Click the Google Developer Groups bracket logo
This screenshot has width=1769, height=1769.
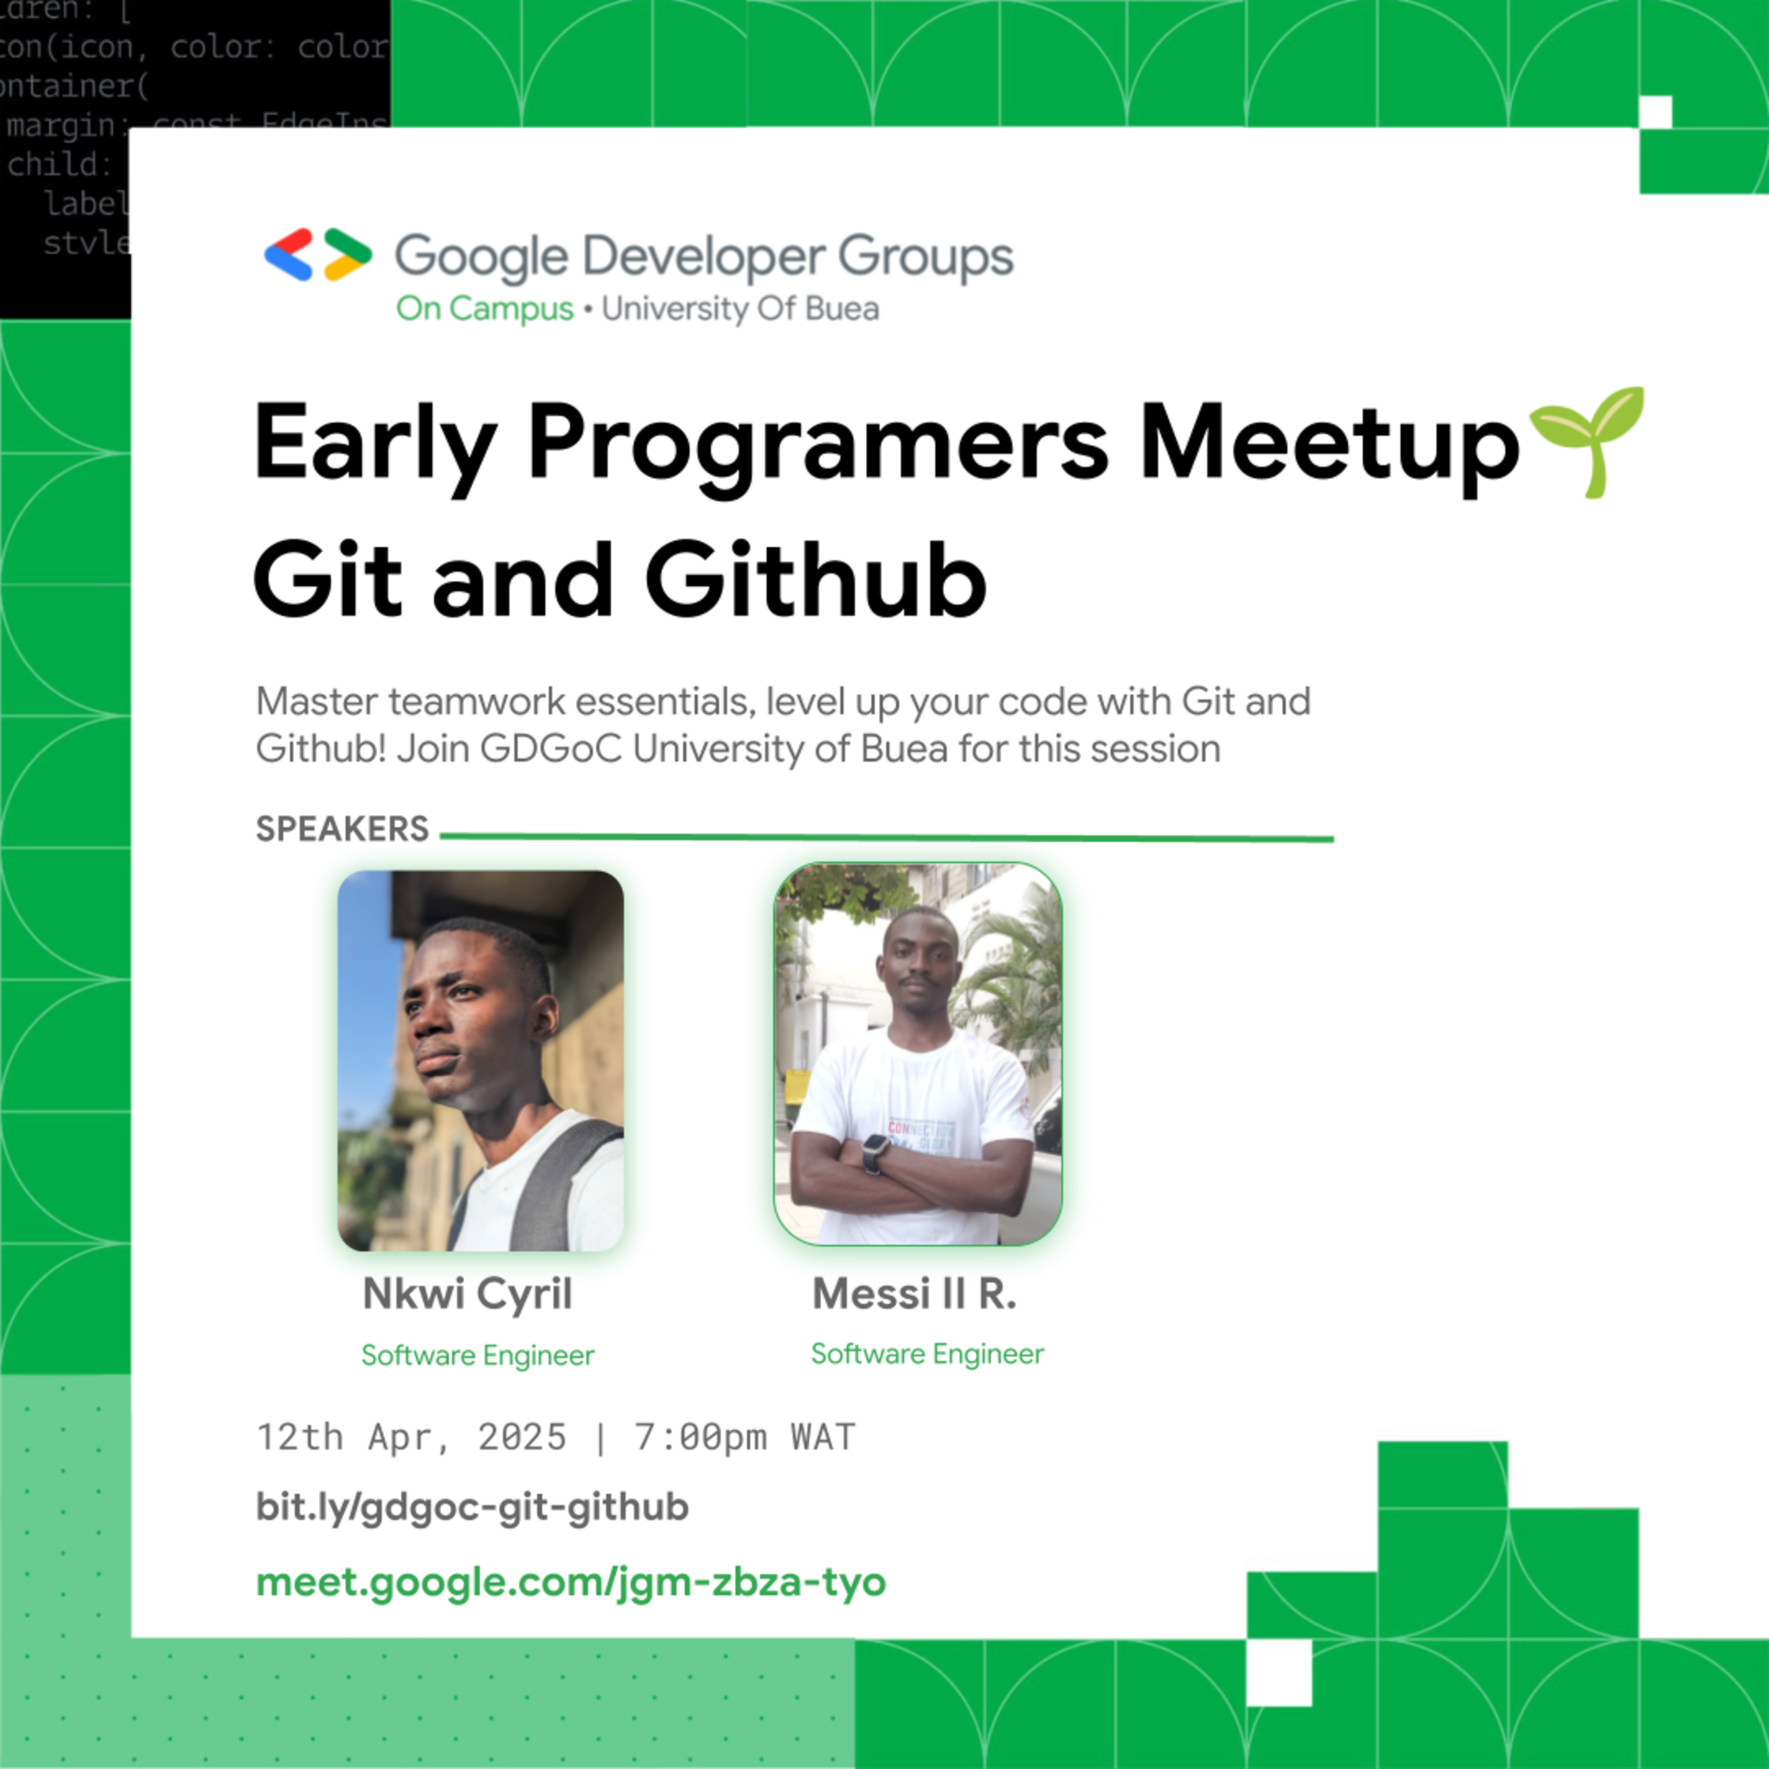click(318, 255)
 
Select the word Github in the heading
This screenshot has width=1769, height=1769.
click(816, 581)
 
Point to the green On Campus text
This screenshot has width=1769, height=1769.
click(484, 310)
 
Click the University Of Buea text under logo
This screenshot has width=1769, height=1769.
click(740, 310)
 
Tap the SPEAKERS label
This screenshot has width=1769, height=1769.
click(342, 829)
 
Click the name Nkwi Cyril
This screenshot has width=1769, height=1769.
click(467, 1294)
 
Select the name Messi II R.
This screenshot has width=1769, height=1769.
click(914, 1294)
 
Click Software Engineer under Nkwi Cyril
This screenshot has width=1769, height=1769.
click(477, 1355)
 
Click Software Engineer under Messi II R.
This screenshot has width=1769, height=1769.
click(926, 1353)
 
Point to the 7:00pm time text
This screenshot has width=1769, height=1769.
click(700, 1437)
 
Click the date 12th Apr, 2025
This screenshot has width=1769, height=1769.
click(411, 1437)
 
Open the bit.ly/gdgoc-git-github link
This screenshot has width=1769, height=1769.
click(472, 1507)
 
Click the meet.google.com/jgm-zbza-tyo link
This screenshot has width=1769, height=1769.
click(571, 1582)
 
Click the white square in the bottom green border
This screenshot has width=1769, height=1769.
click(1279, 1672)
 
